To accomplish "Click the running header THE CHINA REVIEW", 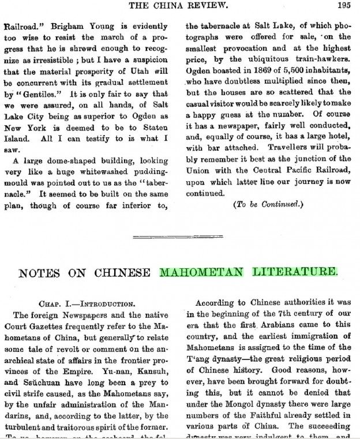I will [179, 7].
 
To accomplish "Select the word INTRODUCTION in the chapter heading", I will [106, 303].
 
